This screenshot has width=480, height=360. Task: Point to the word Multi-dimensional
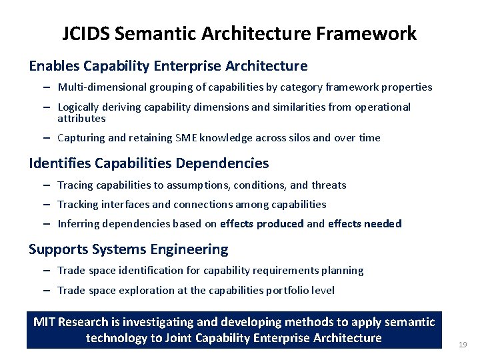pos(97,87)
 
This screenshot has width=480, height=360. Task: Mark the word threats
pos(329,185)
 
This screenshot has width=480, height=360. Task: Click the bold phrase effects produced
pos(261,224)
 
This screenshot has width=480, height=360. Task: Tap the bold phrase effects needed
pos(365,224)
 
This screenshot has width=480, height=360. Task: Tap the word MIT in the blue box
pos(44,322)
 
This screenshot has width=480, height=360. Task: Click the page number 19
pos(463,345)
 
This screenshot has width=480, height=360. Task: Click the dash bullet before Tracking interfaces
pos(49,205)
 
